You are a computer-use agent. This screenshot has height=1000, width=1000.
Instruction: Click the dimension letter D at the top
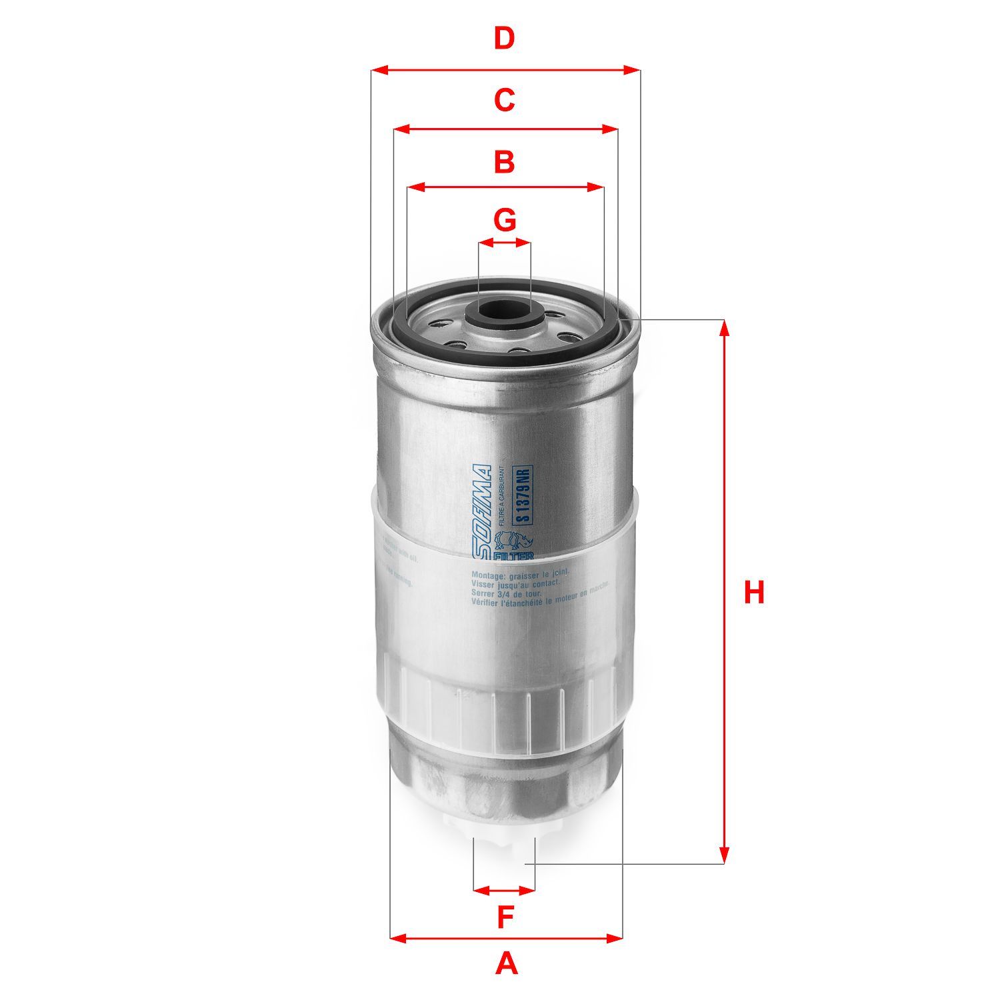point(505,38)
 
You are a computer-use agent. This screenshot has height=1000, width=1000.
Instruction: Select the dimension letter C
point(505,100)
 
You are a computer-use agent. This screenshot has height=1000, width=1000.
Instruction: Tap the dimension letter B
point(505,162)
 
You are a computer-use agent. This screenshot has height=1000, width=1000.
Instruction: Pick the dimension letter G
point(505,219)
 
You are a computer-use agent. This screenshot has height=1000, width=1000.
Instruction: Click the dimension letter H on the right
point(754,593)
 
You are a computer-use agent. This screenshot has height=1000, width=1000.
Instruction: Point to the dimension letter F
point(506,918)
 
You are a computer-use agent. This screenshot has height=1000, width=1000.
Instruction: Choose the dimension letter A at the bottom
point(507,964)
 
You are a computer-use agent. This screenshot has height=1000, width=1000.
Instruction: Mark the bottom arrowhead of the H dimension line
point(725,855)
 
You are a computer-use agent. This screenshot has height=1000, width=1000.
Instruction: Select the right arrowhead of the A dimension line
point(614,939)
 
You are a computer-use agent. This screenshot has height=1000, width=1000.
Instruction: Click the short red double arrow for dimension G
point(505,243)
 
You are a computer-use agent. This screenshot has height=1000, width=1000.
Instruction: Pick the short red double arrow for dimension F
point(504,890)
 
